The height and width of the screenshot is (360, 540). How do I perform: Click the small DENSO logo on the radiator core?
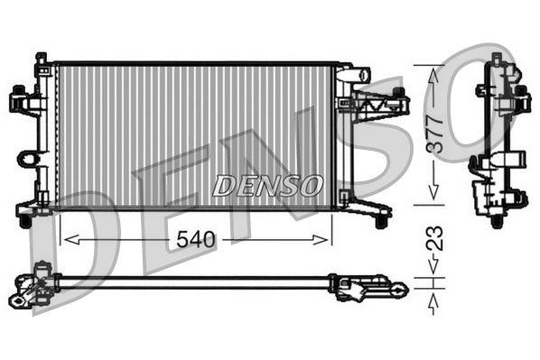pos(268,186)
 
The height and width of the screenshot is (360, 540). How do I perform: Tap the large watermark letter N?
pos(271,162)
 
